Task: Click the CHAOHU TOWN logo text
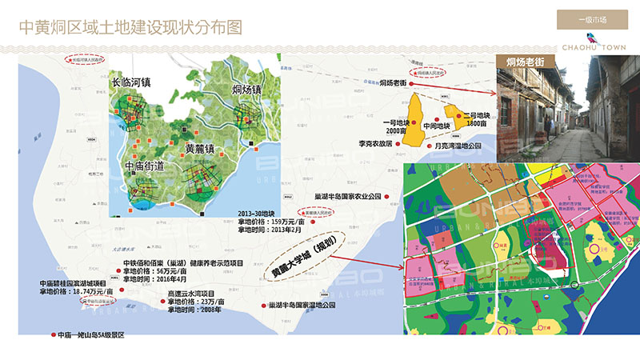(593, 47)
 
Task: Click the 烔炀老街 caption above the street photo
(525, 61)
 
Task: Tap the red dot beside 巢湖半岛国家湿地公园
(263, 306)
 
